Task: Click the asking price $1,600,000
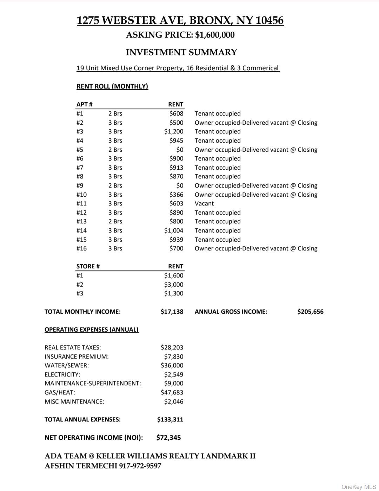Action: coord(215,35)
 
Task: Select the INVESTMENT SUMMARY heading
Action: coord(181,52)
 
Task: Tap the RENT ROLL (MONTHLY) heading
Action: coord(112,86)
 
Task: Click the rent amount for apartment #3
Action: coord(173,131)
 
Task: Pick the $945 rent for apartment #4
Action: coord(176,140)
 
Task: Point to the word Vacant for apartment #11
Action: coord(204,203)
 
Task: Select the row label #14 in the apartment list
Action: coord(81,230)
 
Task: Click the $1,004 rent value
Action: coord(173,230)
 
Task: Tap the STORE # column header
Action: coord(88,266)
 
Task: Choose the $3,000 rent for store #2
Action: coord(173,284)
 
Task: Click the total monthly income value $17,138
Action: coord(172,312)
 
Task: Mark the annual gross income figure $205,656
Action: coord(310,312)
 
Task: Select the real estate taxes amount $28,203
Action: coord(172,347)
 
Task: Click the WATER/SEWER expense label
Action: coord(67,365)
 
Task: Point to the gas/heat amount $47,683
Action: coord(172,392)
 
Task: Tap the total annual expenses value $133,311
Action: coord(170,419)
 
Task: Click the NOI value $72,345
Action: coord(168,438)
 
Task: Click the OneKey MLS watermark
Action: coord(359,486)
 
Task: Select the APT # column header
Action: coord(84,104)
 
